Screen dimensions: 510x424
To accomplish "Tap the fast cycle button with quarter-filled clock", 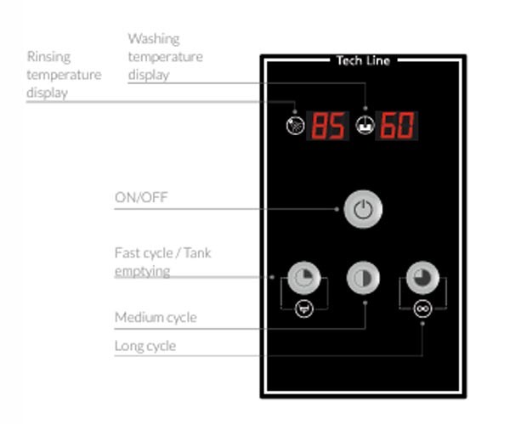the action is pos(304,278).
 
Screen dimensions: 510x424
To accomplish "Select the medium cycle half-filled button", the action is pos(363,278).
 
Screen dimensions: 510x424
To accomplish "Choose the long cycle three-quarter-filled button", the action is pos(422,278).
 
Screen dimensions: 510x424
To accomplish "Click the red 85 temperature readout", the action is pos(328,126).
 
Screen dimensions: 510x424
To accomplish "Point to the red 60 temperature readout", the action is pos(397,126).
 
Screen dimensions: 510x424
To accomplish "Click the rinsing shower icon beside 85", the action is pos(295,126).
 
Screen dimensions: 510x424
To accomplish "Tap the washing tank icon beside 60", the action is pos(365,126).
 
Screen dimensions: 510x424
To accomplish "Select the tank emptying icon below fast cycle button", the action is pos(304,308).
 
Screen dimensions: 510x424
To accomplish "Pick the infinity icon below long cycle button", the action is pos(422,308).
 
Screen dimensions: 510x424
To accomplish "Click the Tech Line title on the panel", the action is pos(363,61).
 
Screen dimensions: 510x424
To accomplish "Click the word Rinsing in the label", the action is pos(48,57).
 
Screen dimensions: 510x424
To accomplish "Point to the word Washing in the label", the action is pos(154,39).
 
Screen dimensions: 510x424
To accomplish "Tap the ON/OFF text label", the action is pos(141,197).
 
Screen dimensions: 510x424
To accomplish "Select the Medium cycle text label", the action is pos(156,317).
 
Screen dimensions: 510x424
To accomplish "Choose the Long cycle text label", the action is pos(145,346).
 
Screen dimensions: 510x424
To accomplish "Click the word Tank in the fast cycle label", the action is pos(198,253).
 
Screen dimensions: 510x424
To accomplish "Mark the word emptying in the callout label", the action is pos(143,271).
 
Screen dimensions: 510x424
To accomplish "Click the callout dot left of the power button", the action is pos(337,209).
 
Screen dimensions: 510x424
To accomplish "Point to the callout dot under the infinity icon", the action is pos(422,324).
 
